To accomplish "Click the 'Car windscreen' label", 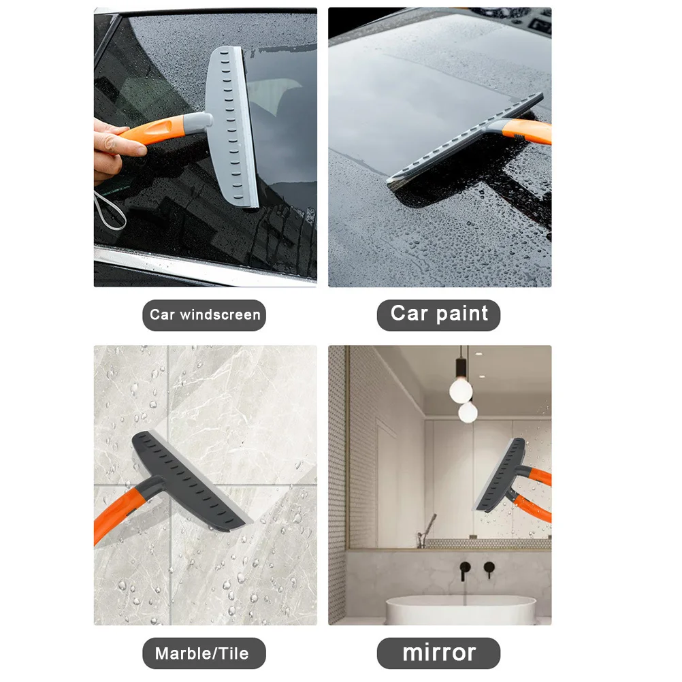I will click(205, 315).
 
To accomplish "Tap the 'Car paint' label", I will click(439, 314).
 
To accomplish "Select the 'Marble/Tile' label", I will click(201, 654).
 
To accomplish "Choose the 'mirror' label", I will click(439, 652).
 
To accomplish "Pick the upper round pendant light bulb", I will click(461, 389).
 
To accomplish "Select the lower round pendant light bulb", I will click(468, 412).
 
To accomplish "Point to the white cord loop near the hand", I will click(110, 208).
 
